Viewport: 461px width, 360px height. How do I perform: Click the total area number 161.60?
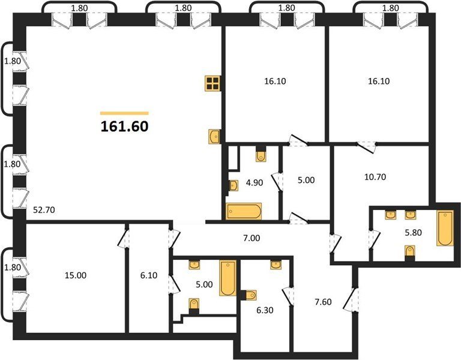coord(124,127)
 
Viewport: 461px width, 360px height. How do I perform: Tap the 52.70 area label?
coord(44,210)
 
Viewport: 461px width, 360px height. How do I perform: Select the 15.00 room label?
coord(76,275)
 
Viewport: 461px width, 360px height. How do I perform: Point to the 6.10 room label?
coord(149,275)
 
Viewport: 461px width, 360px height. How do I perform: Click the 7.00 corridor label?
coord(252,238)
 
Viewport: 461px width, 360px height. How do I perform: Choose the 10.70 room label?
coord(375,177)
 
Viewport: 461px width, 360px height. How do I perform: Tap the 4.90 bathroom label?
coord(255,183)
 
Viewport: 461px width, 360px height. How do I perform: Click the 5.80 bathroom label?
coord(414,232)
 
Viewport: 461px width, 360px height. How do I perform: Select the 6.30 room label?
coord(265,310)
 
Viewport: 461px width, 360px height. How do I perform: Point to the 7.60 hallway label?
coord(323,302)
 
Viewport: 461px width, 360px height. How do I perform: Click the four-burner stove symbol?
coord(213,83)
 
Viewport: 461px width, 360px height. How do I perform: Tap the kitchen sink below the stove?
coord(214,137)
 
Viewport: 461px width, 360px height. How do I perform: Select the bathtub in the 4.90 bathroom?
coord(244,211)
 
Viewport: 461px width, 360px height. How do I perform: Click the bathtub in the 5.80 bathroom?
coord(445,228)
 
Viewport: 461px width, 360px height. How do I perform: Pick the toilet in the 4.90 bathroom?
coord(261,155)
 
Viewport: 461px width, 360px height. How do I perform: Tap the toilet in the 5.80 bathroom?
coord(410,253)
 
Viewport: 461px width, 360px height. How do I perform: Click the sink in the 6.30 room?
coord(276,265)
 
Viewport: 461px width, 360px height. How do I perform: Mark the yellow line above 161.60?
coord(124,113)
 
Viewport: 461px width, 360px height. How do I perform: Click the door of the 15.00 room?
coord(124,238)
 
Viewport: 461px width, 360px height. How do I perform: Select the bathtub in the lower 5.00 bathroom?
coord(228,278)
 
